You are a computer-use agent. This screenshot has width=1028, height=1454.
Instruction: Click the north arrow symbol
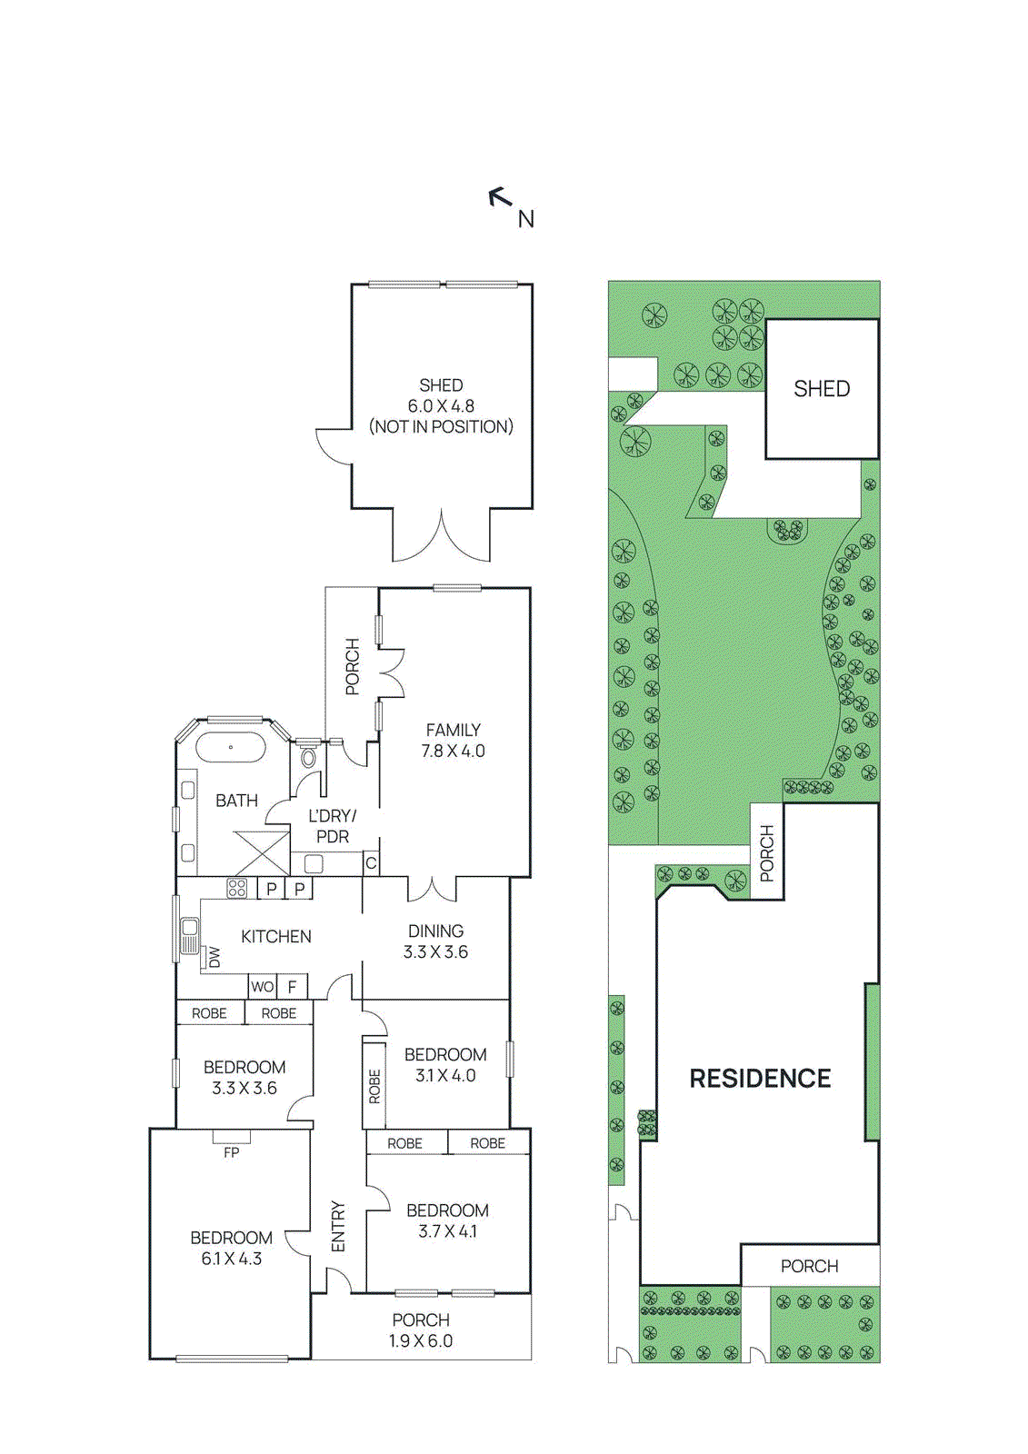[x=500, y=196]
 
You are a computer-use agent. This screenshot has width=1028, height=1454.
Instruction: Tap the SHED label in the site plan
[x=822, y=389]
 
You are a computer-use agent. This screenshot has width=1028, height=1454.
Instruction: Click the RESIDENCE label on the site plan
[x=760, y=1079]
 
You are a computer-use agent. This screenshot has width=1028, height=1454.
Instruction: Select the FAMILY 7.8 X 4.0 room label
[x=453, y=741]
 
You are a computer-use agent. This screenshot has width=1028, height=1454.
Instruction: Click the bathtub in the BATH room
[x=231, y=748]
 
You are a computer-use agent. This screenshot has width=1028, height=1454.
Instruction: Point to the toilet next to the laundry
[x=308, y=757]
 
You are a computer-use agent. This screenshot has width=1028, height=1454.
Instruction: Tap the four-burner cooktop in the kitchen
[x=237, y=888]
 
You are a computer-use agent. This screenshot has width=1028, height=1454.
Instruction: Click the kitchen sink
[x=190, y=936]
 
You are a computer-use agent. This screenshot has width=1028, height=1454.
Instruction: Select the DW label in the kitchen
[x=215, y=957]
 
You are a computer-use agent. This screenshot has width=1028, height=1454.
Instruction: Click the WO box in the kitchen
[x=263, y=986]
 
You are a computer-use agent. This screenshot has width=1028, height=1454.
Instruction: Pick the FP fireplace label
[x=232, y=1152]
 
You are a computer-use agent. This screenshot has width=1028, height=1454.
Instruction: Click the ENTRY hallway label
[x=338, y=1226]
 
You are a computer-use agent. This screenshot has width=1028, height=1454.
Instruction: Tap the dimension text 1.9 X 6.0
[x=421, y=1341]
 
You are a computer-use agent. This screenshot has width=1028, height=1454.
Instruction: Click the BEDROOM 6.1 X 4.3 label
[x=231, y=1248]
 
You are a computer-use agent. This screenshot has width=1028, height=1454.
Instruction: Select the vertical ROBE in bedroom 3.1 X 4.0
[x=374, y=1086]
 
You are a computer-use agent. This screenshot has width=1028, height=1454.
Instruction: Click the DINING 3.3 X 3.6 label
[x=435, y=941]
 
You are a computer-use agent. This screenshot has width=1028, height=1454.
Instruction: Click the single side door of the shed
[x=333, y=446]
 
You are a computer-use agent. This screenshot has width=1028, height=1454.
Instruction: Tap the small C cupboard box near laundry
[x=371, y=863]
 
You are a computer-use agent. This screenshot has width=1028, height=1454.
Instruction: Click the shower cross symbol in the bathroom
[x=262, y=853]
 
